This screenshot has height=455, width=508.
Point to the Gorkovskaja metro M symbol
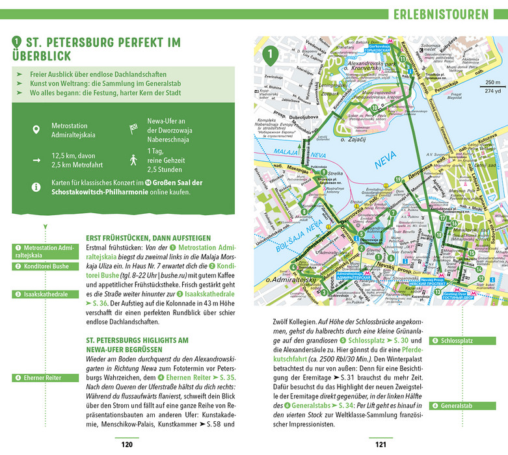click(394, 40)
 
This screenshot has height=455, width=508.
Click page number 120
click(126, 445)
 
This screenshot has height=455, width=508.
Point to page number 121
click(381, 445)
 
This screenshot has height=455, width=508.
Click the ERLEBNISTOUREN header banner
click(446, 14)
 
